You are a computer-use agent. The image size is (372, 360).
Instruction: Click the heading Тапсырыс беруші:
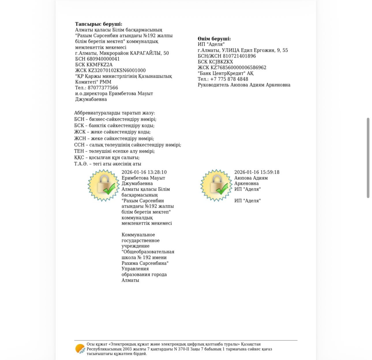99,24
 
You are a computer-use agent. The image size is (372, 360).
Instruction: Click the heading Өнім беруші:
214,39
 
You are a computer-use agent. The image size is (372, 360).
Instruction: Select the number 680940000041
103,59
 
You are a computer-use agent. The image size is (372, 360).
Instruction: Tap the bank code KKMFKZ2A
99,65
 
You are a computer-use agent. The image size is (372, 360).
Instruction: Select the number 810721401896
239,56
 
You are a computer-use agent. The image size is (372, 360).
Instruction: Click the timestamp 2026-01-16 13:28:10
144,172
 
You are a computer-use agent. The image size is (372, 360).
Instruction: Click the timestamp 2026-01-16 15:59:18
257,172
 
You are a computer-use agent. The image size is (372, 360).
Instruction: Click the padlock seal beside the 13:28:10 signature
103,185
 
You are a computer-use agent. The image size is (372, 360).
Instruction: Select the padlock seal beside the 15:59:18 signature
216,185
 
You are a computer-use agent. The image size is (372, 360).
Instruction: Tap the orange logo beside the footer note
80,349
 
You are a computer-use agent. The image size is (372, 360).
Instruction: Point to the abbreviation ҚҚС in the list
79,158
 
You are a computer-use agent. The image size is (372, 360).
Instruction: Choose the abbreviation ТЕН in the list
79,151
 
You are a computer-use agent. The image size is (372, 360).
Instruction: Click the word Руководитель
213,85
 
